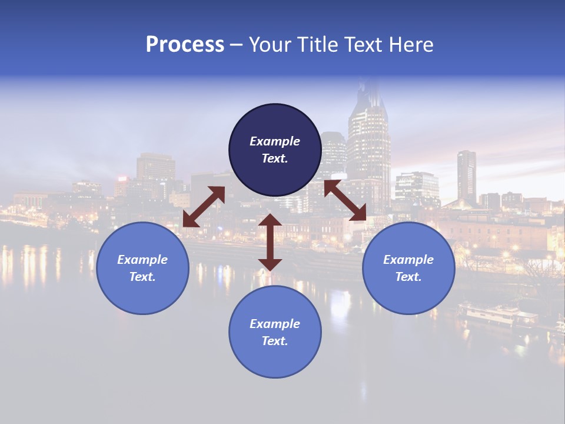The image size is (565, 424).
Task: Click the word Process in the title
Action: [185, 45]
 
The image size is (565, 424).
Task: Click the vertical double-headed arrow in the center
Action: [270, 242]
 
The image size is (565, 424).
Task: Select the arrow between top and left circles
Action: [204, 207]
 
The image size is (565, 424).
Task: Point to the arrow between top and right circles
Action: [345, 200]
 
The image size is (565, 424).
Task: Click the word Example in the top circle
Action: [275, 141]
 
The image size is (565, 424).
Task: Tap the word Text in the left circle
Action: [142, 277]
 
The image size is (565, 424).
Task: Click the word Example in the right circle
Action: [408, 260]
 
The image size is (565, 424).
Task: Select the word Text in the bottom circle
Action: [275, 341]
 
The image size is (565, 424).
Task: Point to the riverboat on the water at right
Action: [497, 315]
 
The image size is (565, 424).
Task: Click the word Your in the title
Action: [267, 45]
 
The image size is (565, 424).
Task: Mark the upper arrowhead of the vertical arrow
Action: [270, 221]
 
